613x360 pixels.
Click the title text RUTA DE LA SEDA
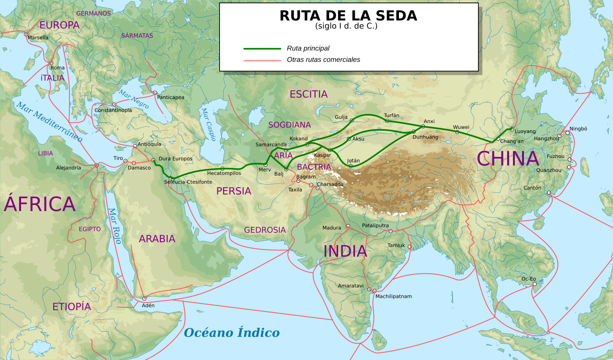(348, 16)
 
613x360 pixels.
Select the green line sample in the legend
(262, 48)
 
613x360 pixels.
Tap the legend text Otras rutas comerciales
(323, 60)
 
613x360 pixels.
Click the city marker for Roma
(51, 63)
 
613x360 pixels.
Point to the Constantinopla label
(113, 110)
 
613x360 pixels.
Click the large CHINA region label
(508, 159)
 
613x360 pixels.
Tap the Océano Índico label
(232, 333)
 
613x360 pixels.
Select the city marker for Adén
(144, 298)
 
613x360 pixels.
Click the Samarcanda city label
(271, 144)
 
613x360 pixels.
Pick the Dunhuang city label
(425, 137)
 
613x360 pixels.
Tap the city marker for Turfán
(387, 121)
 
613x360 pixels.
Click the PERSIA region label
(234, 191)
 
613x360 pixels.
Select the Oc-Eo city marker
(535, 284)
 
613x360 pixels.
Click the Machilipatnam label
(393, 296)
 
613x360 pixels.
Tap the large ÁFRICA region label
(40, 204)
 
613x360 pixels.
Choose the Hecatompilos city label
(224, 173)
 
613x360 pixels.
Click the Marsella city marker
(26, 34)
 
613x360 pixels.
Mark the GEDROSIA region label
(265, 230)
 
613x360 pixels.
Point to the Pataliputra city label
(375, 225)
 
